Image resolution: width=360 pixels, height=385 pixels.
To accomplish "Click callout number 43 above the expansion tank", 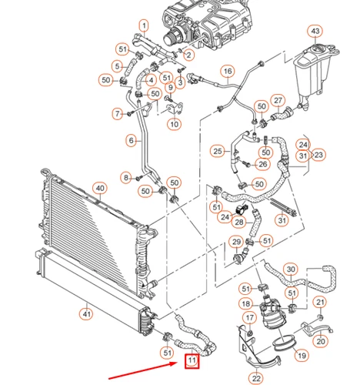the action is click(x=315, y=31).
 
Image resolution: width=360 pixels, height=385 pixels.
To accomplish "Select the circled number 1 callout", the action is click(x=144, y=25).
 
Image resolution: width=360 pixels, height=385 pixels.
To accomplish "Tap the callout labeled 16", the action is click(x=228, y=71).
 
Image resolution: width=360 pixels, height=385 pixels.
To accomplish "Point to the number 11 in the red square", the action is click(x=192, y=360).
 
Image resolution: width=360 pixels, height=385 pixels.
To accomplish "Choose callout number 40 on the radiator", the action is click(x=100, y=189).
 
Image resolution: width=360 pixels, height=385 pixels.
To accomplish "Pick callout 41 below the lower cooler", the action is click(x=86, y=313).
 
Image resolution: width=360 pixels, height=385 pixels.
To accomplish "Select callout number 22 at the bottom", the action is click(x=256, y=378).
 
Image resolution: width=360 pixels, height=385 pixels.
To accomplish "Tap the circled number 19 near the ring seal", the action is click(x=302, y=356).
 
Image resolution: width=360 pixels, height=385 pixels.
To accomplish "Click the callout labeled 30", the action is click(x=291, y=269).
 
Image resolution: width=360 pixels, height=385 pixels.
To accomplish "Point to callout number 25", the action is click(x=218, y=151).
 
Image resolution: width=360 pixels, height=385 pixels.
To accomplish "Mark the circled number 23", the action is click(x=318, y=155).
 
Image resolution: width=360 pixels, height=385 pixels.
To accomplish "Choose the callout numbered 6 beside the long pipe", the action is click(x=132, y=140).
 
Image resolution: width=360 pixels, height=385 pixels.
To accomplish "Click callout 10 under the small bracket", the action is click(x=175, y=125).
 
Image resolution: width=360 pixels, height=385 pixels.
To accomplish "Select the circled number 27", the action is click(x=278, y=101).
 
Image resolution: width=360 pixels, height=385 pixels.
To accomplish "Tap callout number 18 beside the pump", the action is click(x=245, y=304).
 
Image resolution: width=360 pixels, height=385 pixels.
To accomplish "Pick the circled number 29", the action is click(x=236, y=242).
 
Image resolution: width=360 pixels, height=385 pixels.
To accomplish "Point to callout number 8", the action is click(x=126, y=178).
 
